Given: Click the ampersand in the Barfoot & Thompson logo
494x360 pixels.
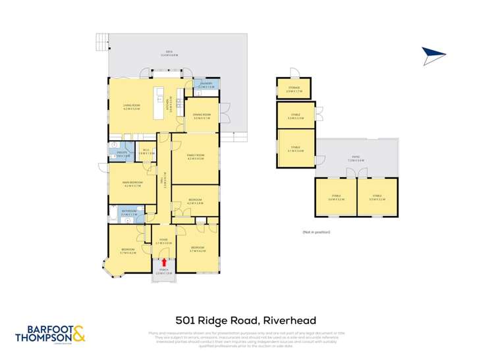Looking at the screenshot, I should coord(78,334).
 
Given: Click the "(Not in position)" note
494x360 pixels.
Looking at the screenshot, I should coord(316,232).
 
